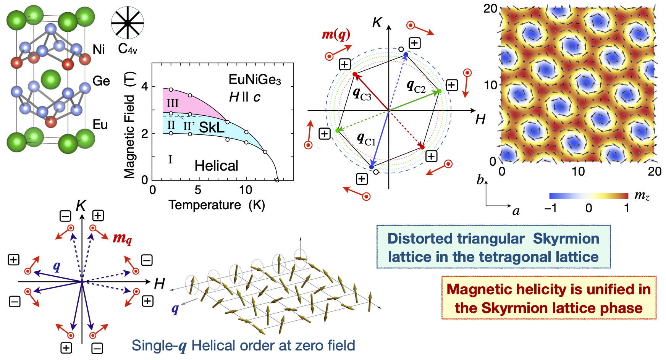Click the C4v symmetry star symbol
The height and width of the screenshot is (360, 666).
(128, 23)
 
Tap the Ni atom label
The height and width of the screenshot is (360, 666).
(99, 50)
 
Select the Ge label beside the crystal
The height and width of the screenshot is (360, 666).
(101, 81)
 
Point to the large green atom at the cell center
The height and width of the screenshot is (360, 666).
(51, 79)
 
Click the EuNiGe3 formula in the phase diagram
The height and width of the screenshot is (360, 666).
(254, 80)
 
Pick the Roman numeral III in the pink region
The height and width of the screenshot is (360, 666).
(173, 103)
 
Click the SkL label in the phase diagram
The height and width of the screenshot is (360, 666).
(212, 128)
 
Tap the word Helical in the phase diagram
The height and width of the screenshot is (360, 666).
(216, 166)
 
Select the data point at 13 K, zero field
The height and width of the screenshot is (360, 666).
(277, 180)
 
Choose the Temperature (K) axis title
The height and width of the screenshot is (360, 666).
(217, 205)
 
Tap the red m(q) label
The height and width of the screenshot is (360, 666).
(336, 34)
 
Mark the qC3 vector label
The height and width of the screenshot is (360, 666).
(362, 94)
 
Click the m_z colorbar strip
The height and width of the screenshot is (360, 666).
(588, 196)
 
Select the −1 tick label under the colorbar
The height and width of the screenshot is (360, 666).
(550, 208)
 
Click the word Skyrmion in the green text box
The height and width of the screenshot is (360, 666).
(566, 239)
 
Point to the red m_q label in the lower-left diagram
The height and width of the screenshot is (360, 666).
(122, 238)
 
